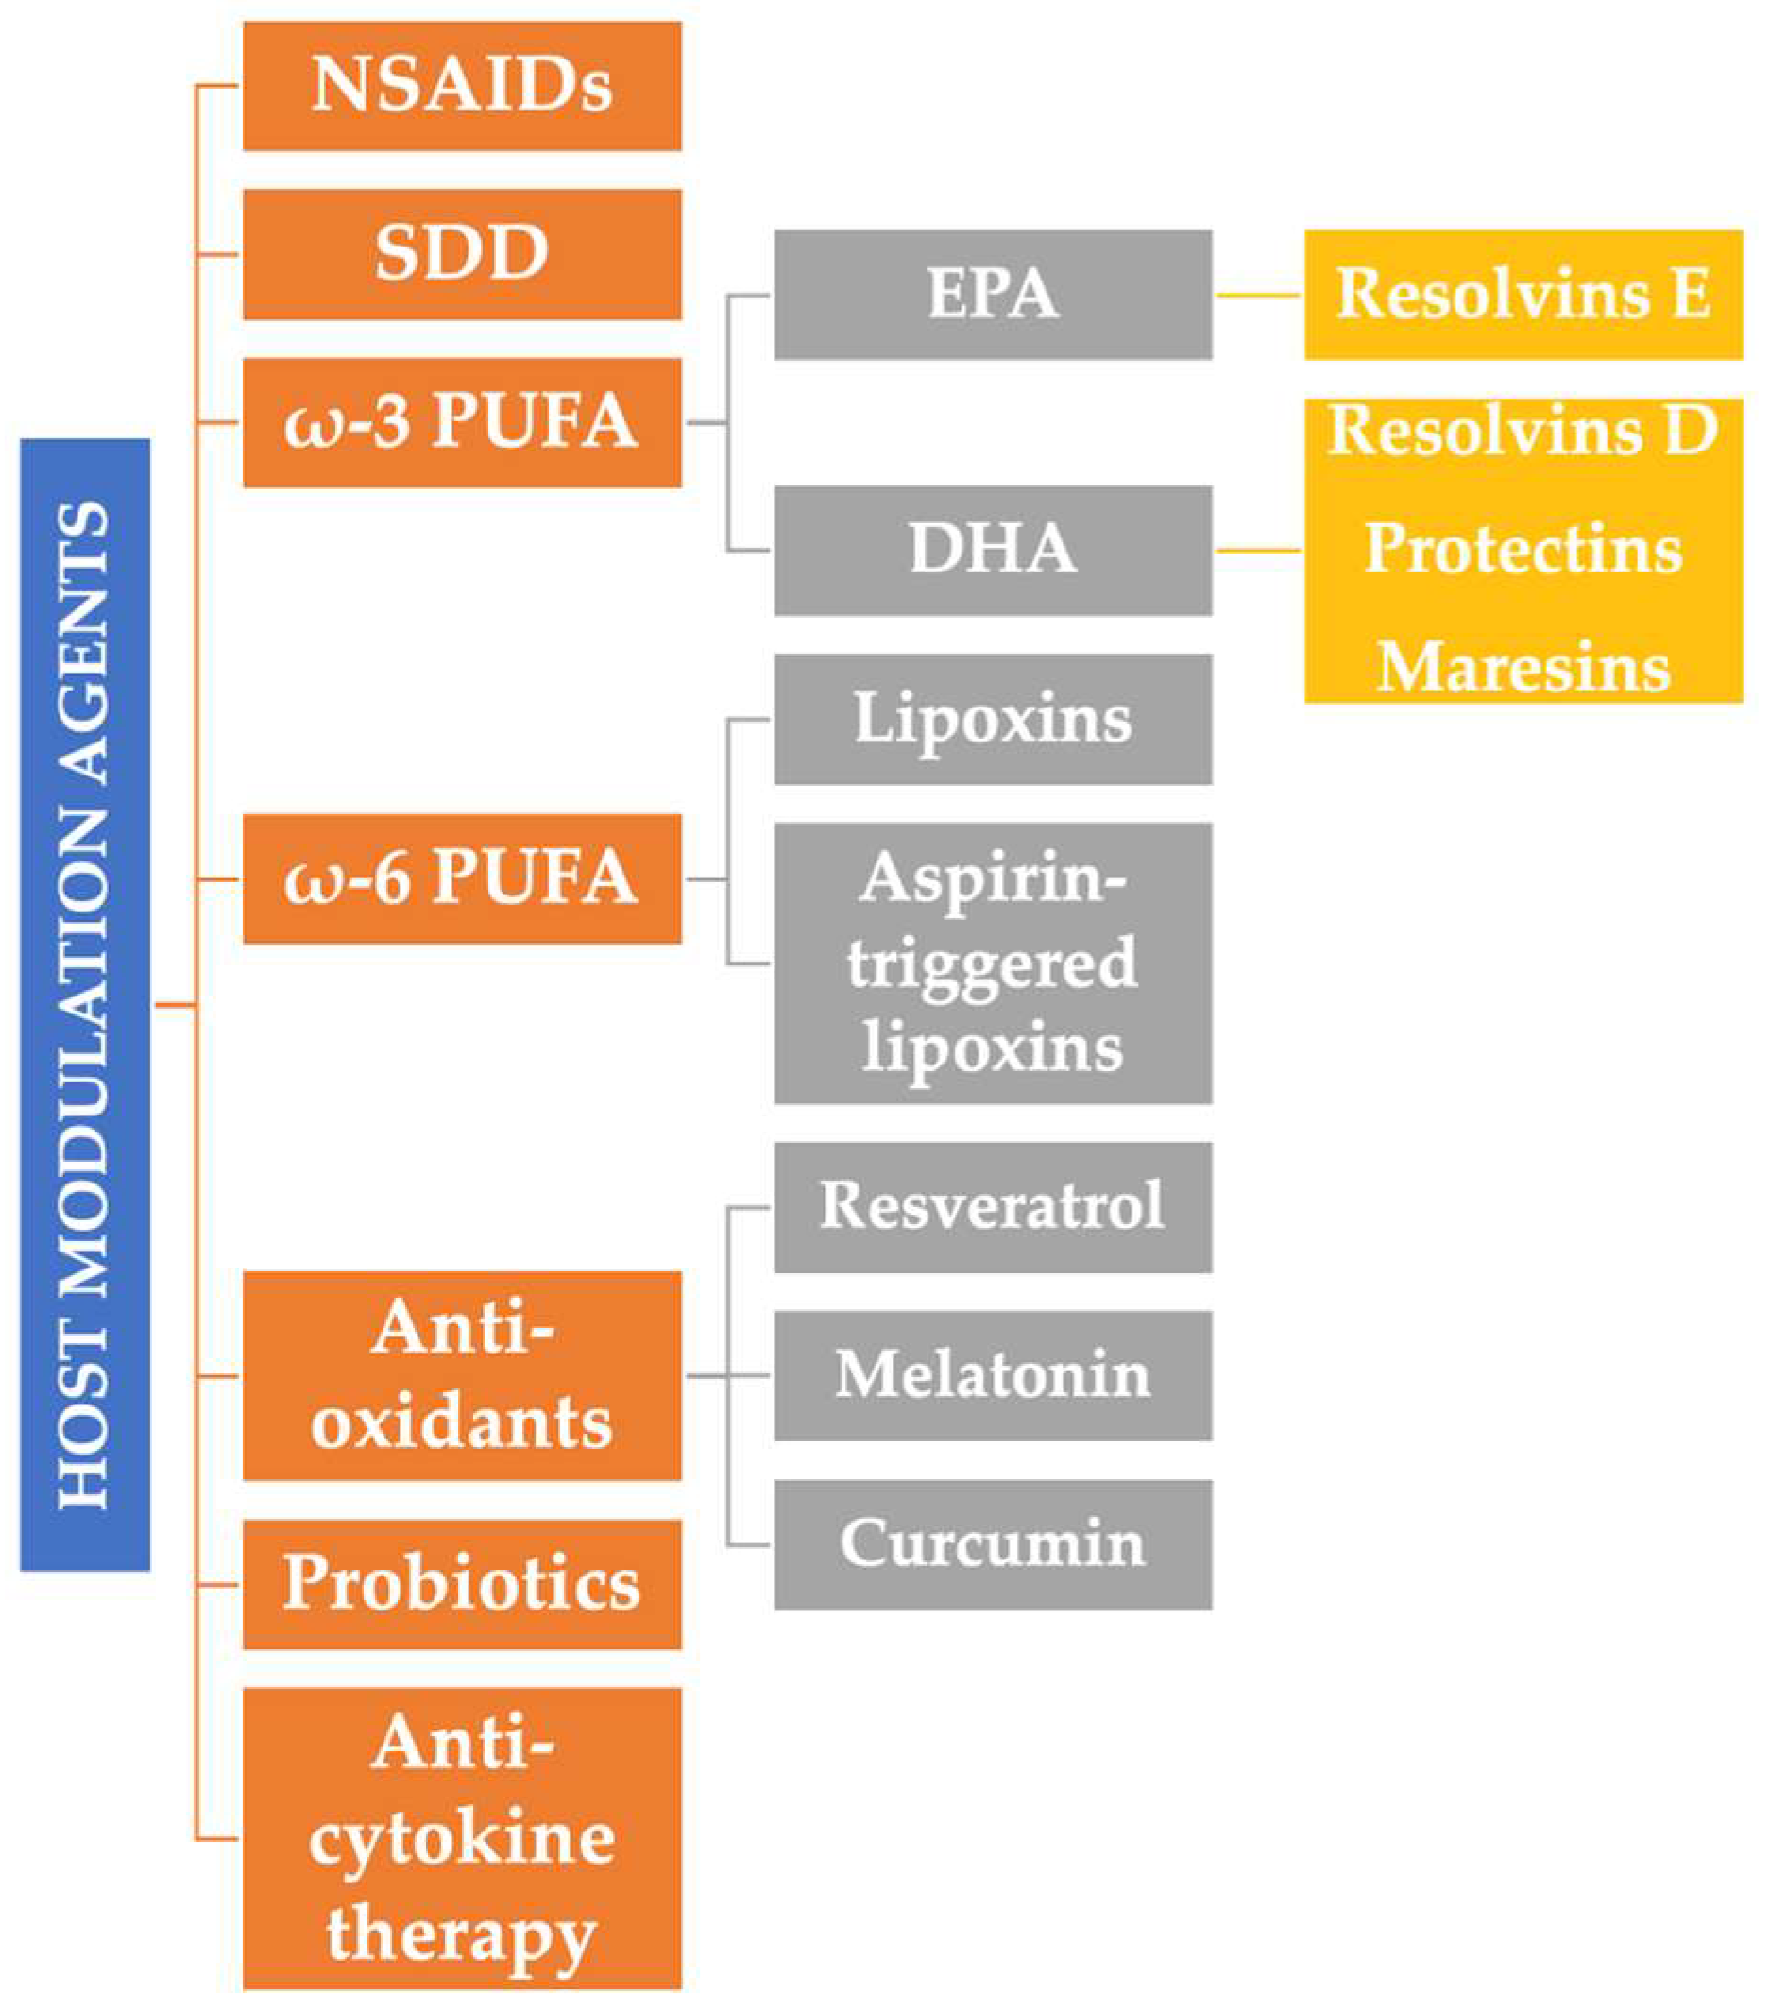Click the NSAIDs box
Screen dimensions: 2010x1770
461,86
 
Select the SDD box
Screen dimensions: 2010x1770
461,254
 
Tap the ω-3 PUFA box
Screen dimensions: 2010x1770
461,422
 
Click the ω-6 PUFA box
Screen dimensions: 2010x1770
461,878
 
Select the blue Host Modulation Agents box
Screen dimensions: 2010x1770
85,1004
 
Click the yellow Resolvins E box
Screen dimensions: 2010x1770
1523,294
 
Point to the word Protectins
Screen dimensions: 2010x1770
1523,549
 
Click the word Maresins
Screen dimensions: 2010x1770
1523,668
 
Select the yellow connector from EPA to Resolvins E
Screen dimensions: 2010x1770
1258,294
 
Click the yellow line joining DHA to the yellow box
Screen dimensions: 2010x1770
1258,550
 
